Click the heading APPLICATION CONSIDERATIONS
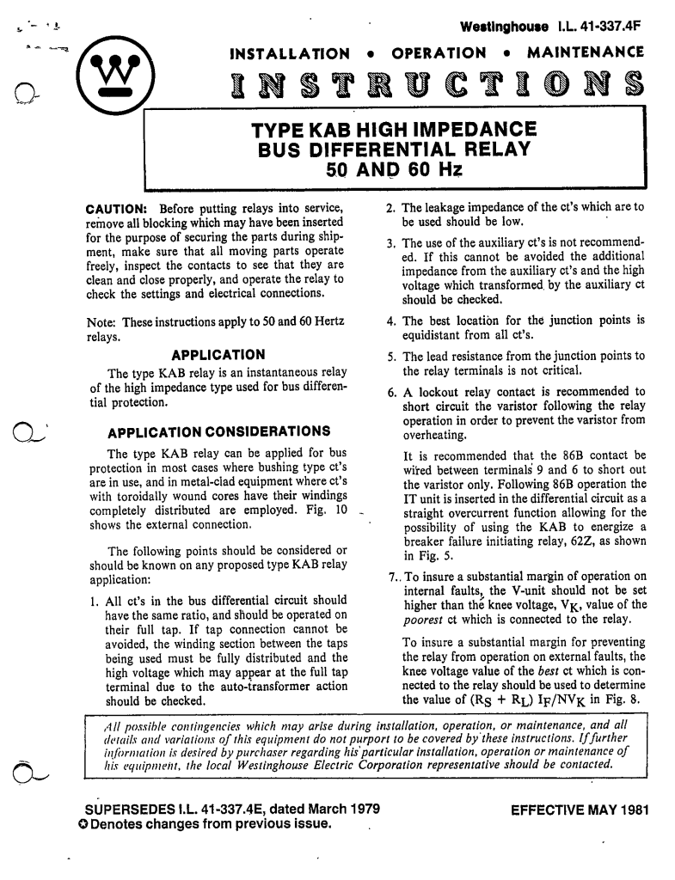[x=218, y=430]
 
